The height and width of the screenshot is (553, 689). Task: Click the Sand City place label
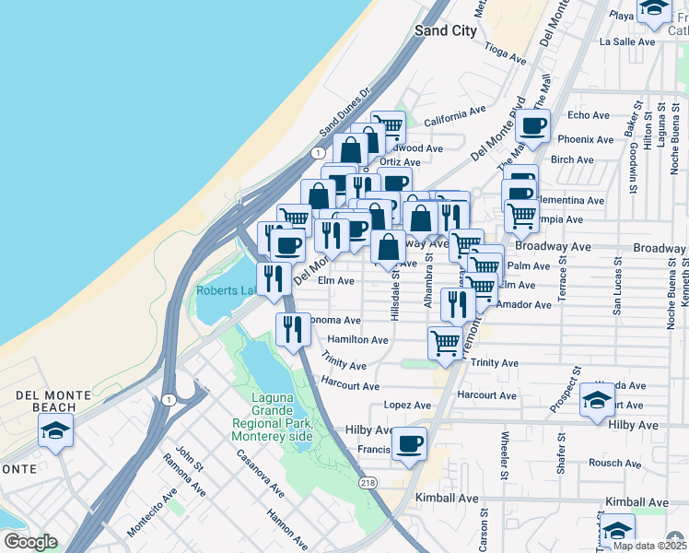(446, 30)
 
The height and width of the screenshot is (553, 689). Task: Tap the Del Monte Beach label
(53, 401)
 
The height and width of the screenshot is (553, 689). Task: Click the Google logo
(30, 542)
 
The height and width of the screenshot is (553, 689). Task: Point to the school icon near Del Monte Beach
(55, 430)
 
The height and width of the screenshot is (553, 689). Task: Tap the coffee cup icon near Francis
(409, 443)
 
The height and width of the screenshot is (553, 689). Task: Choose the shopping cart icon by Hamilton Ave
(446, 343)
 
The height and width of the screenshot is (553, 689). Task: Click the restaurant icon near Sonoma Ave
(292, 329)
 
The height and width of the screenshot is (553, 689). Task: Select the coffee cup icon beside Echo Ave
(532, 125)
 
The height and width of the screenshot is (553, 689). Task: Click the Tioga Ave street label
(504, 54)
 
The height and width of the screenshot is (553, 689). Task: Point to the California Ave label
(454, 115)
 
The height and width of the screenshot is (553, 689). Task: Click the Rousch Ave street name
(607, 464)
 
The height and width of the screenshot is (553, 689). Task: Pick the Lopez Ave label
(407, 405)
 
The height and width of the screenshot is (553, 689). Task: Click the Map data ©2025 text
(648, 546)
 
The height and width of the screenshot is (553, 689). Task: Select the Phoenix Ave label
(585, 140)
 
